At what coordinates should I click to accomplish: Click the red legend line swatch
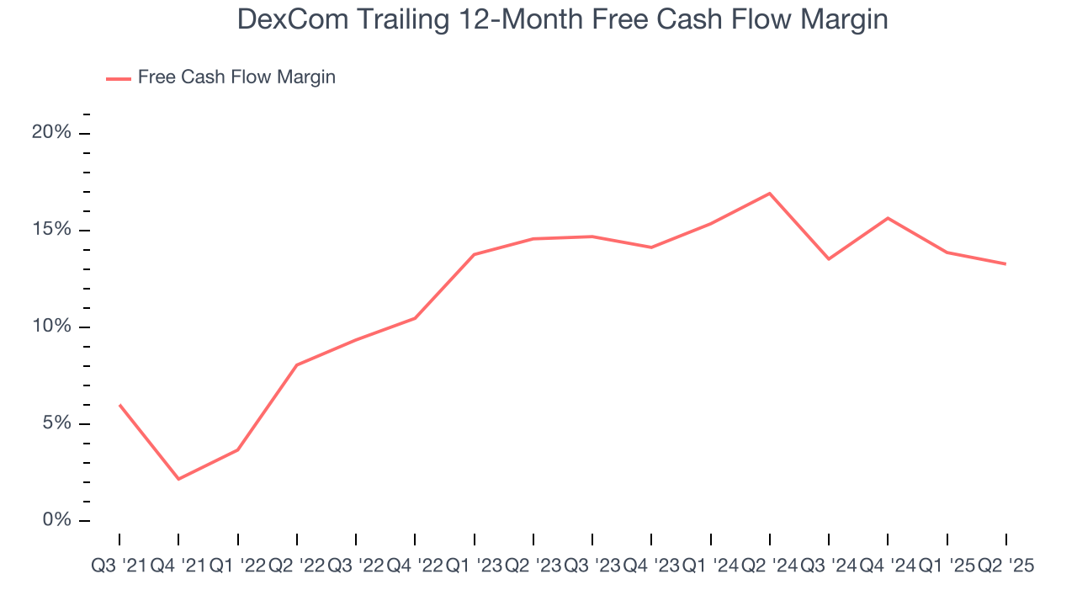tap(119, 78)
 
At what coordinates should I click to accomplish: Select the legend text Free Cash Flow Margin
tap(236, 77)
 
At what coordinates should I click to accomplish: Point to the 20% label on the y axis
tap(51, 133)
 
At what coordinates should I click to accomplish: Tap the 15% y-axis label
tap(51, 230)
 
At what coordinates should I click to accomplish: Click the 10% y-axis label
tap(51, 327)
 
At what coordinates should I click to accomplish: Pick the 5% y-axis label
tap(56, 423)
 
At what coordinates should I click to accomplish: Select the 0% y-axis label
tap(56, 520)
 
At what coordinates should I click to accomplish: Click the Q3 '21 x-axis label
tap(119, 566)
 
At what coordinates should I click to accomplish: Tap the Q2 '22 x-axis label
tap(296, 566)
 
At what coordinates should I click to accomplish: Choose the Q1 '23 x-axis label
tap(474, 566)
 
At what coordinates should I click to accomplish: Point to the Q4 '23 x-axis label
tap(651, 566)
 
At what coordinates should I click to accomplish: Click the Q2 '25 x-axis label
tap(1005, 566)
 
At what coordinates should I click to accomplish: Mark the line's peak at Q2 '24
tap(770, 194)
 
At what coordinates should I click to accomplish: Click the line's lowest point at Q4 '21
tap(178, 479)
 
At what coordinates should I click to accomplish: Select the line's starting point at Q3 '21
tap(119, 405)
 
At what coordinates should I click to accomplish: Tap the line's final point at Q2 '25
tap(1005, 263)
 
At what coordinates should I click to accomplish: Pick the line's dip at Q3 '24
tap(829, 258)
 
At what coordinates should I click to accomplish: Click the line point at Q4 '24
tap(888, 218)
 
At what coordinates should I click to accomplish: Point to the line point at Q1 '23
tap(474, 254)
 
